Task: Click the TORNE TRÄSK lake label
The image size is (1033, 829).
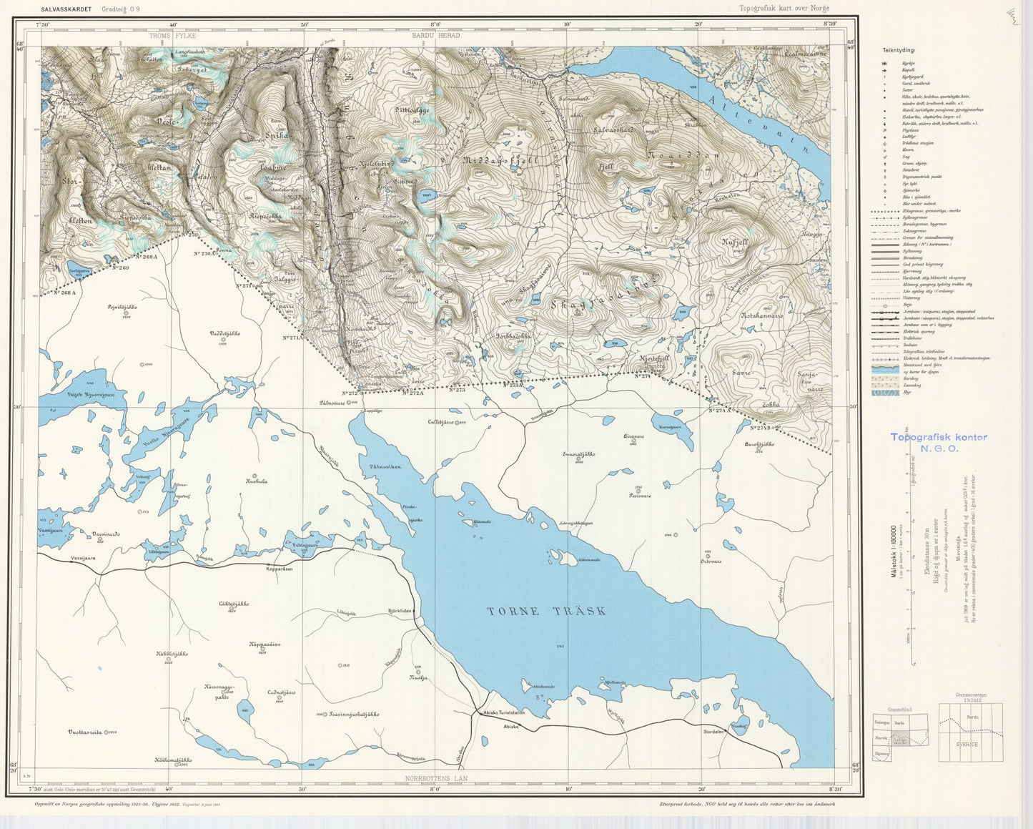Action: click(x=547, y=611)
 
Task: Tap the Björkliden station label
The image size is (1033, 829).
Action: click(x=402, y=612)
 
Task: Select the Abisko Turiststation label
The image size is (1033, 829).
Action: click(x=504, y=712)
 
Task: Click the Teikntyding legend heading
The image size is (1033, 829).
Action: click(x=896, y=51)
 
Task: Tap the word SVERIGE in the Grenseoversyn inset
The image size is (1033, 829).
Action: click(x=969, y=745)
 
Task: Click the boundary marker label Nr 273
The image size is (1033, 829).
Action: click(x=457, y=390)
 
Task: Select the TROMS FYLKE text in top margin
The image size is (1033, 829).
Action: click(x=172, y=35)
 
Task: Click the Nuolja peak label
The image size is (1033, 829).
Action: click(x=419, y=677)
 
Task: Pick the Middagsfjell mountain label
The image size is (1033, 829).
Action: click(x=500, y=160)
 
